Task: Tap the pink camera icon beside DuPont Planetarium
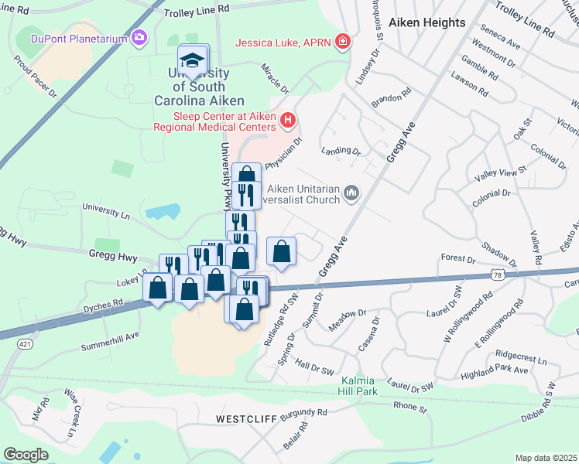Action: [140, 37]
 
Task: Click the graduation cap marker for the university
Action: [193, 60]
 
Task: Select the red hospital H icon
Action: [288, 120]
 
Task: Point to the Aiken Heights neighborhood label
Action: [428, 22]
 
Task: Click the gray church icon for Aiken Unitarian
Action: [351, 191]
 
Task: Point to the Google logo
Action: [26, 454]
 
